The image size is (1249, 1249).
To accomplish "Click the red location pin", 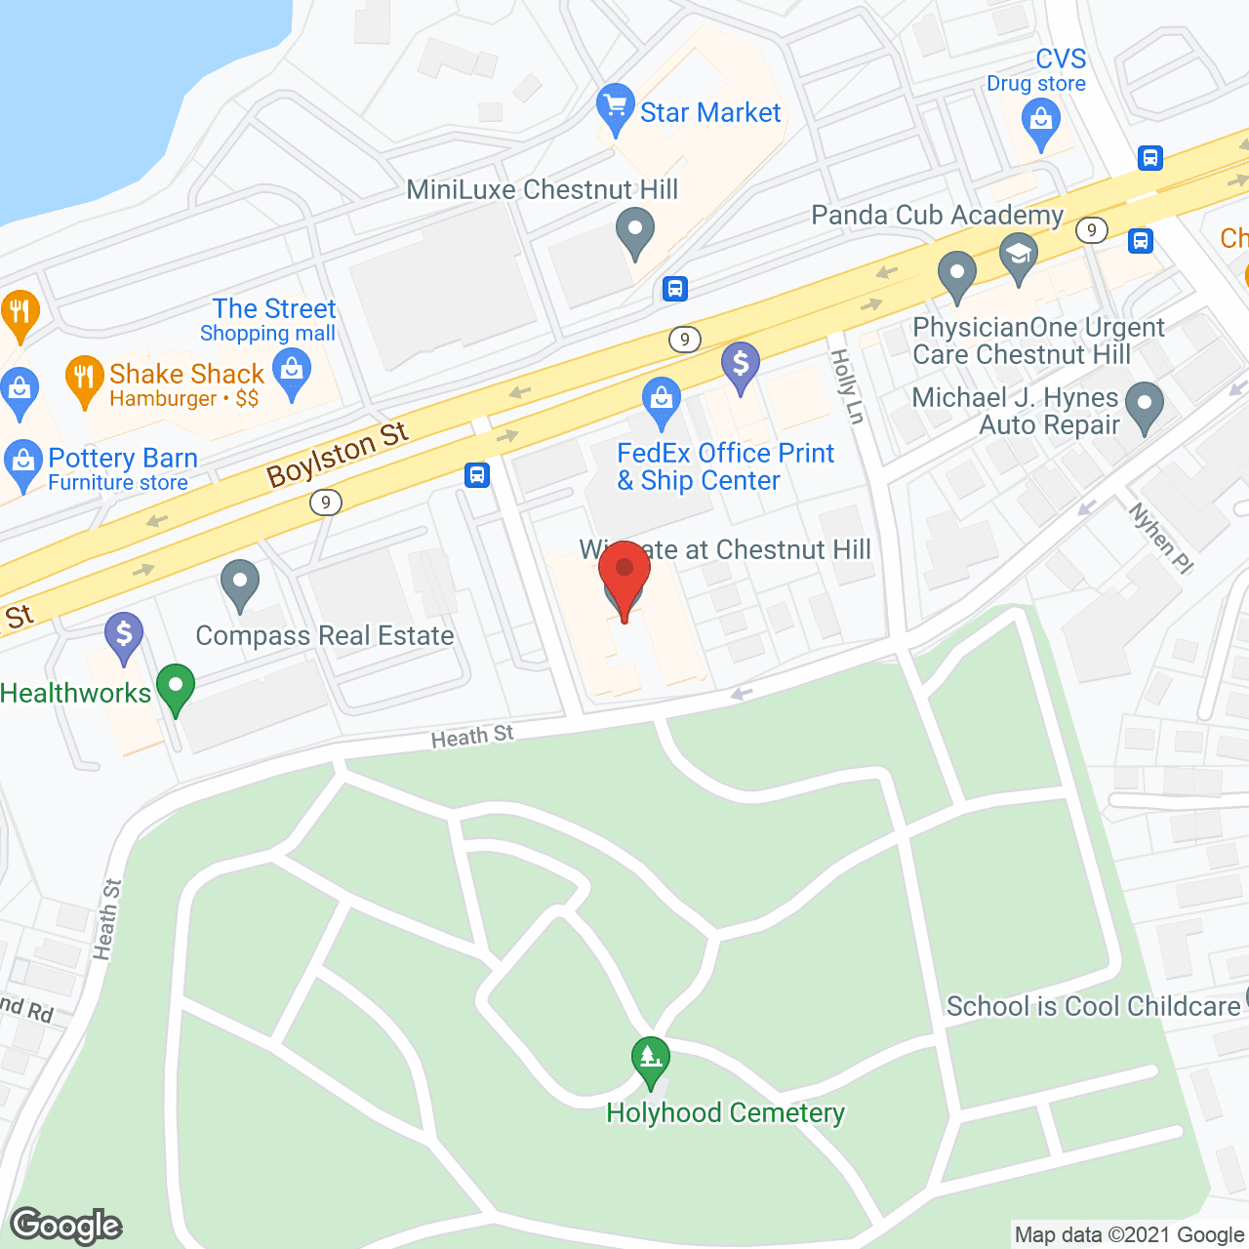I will click(624, 572).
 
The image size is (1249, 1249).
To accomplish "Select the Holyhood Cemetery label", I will click(725, 1113).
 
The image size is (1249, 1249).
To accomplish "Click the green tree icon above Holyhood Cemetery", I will click(650, 1059).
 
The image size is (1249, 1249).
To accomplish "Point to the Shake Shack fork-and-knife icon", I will click(85, 377).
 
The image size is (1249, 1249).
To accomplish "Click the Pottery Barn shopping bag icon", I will click(21, 463).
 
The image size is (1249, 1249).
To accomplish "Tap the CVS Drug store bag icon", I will click(1040, 123).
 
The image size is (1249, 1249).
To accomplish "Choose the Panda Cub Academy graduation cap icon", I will click(1019, 256).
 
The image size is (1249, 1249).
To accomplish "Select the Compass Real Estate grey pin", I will click(239, 583).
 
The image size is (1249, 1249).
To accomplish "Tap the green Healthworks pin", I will click(176, 686).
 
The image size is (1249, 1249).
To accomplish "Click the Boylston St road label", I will click(338, 454).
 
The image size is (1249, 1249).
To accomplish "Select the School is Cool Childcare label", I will click(1093, 1006).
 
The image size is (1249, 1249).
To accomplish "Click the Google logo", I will click(66, 1225).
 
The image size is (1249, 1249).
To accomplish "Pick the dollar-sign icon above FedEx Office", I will click(741, 366).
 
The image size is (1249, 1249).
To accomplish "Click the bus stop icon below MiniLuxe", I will click(674, 289).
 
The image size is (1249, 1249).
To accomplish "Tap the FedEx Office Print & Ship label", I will click(725, 466).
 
